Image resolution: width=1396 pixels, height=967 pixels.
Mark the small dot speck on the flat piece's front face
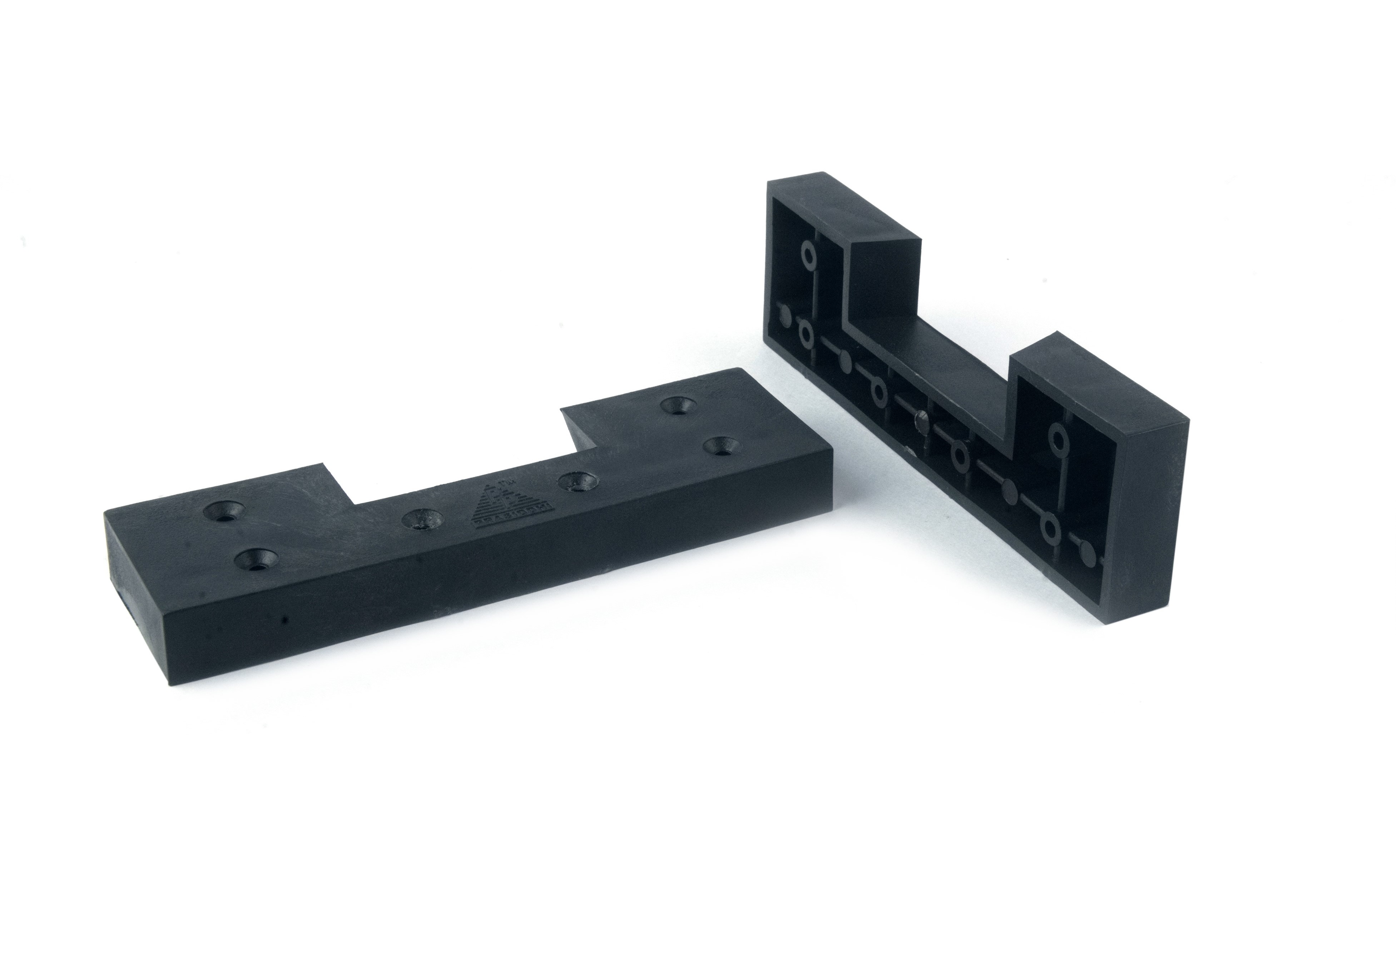point(285,620)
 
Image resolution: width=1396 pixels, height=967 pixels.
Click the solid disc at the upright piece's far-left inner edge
point(784,316)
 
